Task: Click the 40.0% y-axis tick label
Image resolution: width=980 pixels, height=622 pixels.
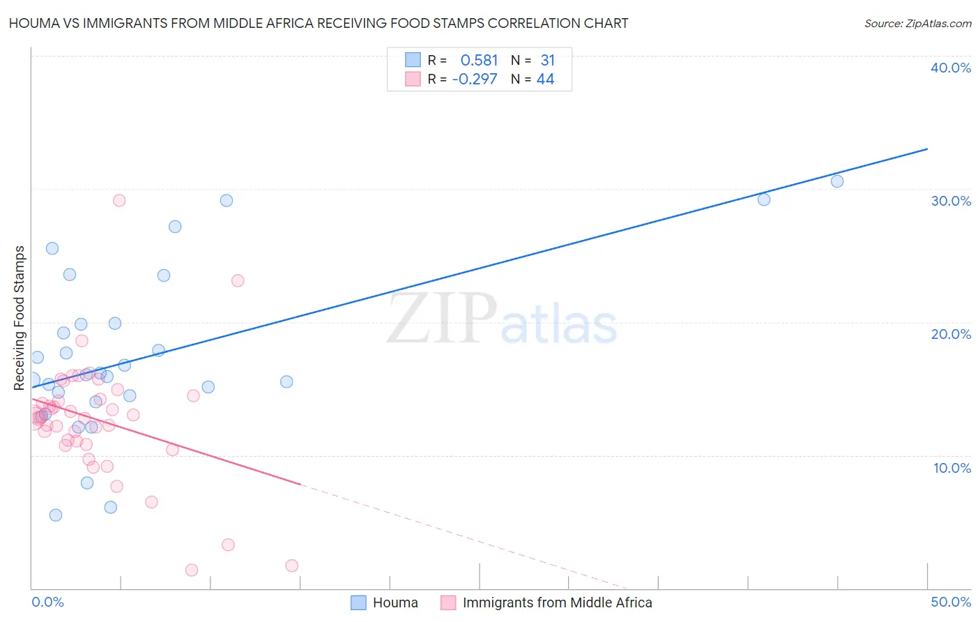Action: (951, 68)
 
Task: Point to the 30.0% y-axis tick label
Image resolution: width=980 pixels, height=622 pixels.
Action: (951, 201)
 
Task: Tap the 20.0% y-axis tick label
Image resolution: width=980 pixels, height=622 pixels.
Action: (951, 334)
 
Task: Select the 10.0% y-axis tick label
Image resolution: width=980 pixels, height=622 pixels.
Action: (951, 468)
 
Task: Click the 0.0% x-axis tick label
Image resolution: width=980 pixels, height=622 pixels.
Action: (47, 602)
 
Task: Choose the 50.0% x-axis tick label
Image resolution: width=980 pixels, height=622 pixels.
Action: (951, 602)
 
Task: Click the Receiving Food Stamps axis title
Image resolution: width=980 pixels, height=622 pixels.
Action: (20, 317)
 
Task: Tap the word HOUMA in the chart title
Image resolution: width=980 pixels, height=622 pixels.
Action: (30, 23)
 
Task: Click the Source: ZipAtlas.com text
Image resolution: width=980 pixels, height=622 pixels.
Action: (917, 23)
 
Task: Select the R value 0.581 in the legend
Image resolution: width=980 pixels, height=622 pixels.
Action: (479, 60)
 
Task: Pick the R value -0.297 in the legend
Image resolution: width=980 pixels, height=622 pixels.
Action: (475, 79)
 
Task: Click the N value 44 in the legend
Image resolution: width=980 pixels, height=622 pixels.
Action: (545, 79)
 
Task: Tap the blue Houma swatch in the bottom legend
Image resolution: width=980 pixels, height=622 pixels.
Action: (358, 602)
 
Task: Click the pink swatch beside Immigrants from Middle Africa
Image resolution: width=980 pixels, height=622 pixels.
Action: (448, 602)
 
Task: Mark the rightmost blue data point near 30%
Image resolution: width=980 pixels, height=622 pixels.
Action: (837, 181)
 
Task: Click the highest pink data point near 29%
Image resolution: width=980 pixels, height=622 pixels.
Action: (119, 200)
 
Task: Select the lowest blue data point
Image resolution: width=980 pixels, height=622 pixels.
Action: (56, 515)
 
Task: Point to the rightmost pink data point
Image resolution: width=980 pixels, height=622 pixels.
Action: (292, 566)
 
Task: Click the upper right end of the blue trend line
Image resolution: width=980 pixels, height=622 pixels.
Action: (927, 149)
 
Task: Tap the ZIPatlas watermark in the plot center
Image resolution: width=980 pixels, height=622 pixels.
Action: (502, 320)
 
